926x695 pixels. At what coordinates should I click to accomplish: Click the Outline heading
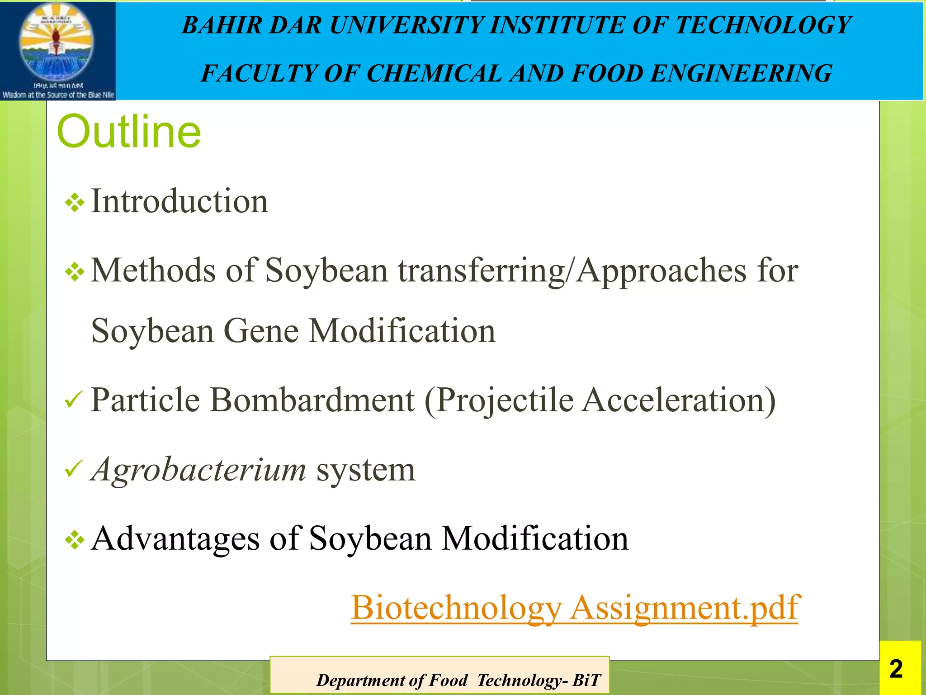click(x=129, y=132)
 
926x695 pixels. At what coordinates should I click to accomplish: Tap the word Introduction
click(x=180, y=201)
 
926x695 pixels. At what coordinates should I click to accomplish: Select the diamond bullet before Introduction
click(x=75, y=203)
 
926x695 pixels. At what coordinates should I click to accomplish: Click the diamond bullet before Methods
click(x=75, y=272)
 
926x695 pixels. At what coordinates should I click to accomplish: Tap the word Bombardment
click(x=312, y=400)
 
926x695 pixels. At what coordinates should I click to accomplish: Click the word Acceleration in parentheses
click(x=678, y=400)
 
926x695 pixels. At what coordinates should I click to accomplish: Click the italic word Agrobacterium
click(x=198, y=470)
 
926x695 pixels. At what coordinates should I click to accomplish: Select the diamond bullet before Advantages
click(x=75, y=540)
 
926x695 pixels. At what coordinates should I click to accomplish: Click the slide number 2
click(x=896, y=669)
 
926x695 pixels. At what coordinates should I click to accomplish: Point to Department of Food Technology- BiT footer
click(x=458, y=680)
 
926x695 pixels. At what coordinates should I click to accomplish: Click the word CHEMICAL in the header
click(x=434, y=73)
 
